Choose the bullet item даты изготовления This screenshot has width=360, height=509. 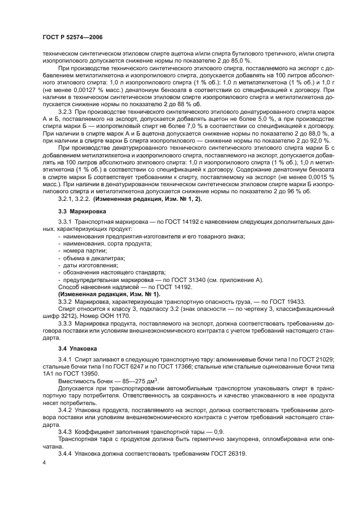click(87, 265)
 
